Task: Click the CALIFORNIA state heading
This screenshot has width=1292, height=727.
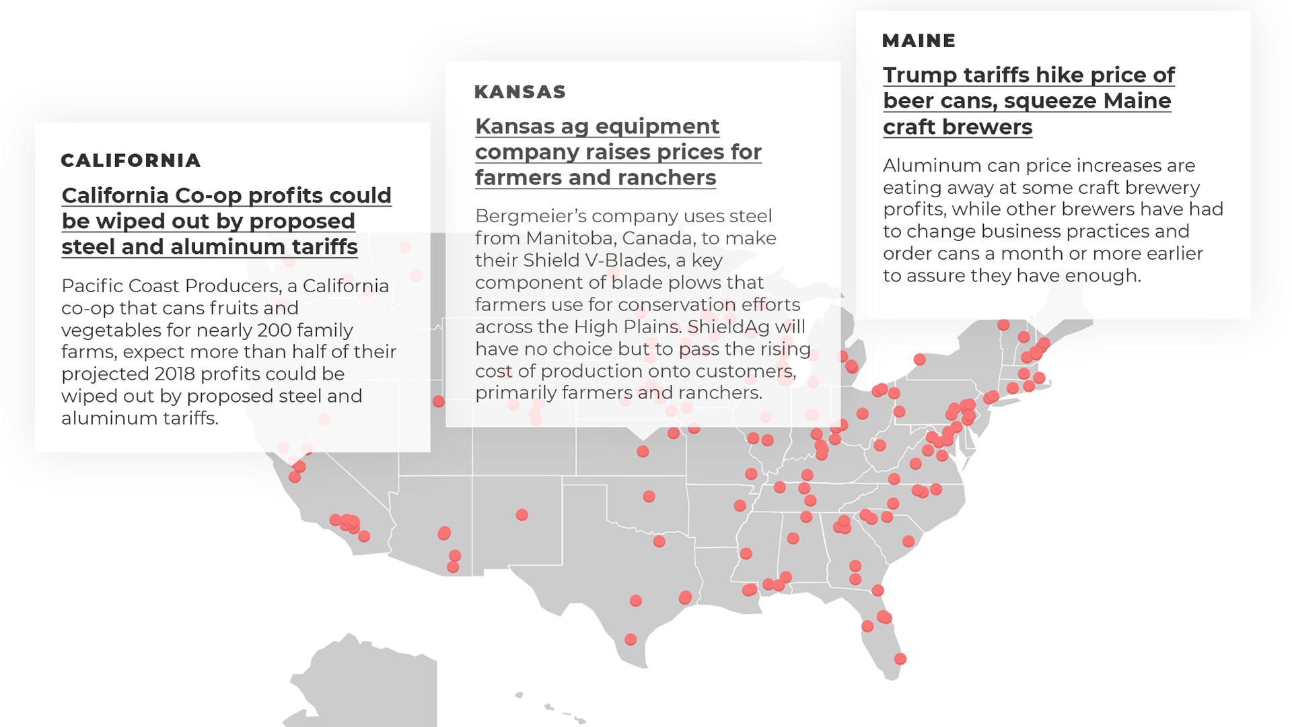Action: [131, 161]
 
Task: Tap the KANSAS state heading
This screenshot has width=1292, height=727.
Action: [519, 92]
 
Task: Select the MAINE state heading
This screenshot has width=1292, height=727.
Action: [919, 41]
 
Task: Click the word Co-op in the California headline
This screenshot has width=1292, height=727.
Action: [209, 196]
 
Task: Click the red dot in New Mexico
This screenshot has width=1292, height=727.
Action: [522, 515]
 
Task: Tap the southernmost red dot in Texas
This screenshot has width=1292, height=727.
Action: [631, 639]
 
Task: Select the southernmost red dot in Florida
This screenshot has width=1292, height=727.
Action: [900, 659]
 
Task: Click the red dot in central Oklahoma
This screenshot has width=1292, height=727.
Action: [649, 497]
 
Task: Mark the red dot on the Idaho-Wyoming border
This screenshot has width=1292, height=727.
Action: [439, 401]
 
